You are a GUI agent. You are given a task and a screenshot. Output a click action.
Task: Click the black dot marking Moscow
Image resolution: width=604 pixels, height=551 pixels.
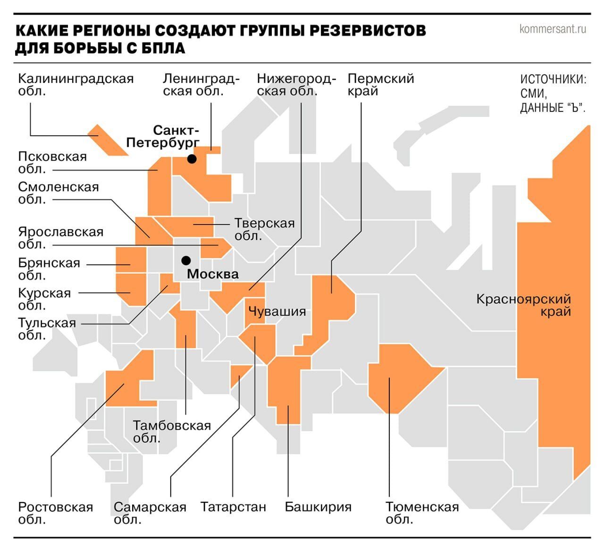[x=186, y=260]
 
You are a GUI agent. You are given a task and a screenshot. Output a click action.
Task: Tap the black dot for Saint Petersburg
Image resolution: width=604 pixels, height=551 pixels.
[x=192, y=159]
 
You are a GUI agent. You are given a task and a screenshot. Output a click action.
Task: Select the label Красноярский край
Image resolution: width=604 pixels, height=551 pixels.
[x=523, y=305]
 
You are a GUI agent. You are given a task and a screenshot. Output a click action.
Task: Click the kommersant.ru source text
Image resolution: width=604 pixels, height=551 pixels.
[x=553, y=29]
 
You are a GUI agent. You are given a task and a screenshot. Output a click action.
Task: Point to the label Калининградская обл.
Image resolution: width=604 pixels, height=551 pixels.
[x=75, y=85]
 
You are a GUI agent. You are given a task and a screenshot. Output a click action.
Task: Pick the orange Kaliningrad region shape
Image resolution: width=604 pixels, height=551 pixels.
[x=107, y=140]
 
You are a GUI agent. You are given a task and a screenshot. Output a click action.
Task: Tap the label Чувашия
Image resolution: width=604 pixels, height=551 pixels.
[x=277, y=311]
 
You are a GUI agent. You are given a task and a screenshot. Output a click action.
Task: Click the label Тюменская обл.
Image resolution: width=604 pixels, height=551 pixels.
[x=422, y=513]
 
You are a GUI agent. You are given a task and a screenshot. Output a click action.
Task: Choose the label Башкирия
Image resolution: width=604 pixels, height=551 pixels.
[x=318, y=507]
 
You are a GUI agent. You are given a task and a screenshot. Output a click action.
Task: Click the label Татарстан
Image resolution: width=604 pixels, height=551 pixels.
[x=233, y=507]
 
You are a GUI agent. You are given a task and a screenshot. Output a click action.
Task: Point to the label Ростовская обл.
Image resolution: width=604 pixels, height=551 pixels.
[x=55, y=513]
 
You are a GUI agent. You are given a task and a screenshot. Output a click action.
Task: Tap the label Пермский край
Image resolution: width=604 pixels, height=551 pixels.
[x=380, y=85]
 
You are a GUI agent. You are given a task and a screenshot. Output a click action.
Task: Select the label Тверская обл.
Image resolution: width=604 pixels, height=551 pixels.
[x=264, y=229]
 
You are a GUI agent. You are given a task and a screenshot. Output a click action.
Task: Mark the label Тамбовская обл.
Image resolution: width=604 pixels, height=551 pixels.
[x=171, y=431]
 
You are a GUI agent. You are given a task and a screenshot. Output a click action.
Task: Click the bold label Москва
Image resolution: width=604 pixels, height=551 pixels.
[x=213, y=274]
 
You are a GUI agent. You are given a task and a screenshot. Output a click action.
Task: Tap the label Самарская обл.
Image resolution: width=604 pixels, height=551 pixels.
[x=150, y=513]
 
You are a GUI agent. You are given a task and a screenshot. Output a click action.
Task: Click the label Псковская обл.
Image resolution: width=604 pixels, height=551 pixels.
[x=52, y=162]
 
